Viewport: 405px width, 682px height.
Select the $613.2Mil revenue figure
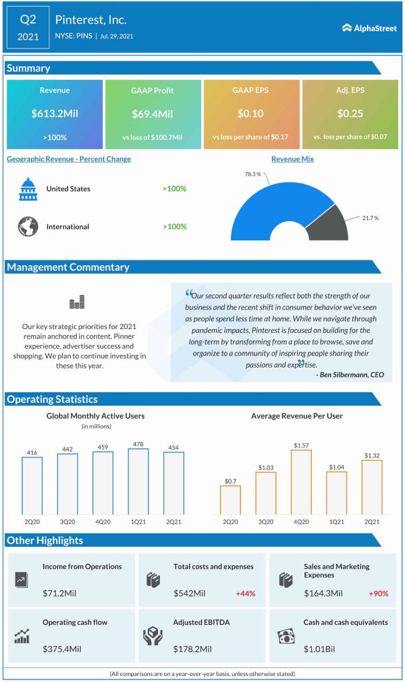tap(55, 114)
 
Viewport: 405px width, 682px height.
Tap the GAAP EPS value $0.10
tap(250, 114)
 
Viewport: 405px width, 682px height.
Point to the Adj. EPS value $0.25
tap(350, 114)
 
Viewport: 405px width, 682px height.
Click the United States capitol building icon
tap(28, 189)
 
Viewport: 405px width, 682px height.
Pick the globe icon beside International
tap(28, 226)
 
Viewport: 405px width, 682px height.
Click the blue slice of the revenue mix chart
tap(266, 206)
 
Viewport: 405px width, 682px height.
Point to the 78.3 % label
tap(251, 174)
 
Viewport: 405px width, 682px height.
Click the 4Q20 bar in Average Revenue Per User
tap(301, 482)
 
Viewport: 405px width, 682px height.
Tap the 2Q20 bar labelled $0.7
tap(230, 500)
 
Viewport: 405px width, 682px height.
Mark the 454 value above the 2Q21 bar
tap(174, 446)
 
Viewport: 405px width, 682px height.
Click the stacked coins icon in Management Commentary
tap(77, 304)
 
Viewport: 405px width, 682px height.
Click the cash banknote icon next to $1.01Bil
tap(286, 636)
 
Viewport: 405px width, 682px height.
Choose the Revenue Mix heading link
tap(292, 159)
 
